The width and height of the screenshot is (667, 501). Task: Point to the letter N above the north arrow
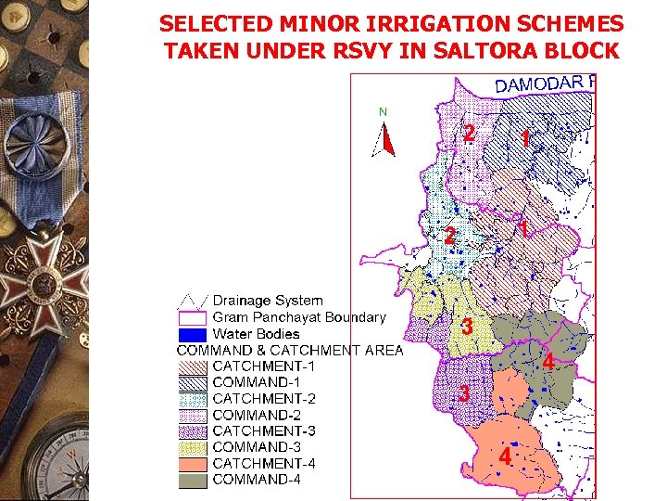click(x=383, y=112)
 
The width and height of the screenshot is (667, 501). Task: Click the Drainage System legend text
click(x=268, y=301)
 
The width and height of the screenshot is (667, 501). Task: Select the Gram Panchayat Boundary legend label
click(x=298, y=317)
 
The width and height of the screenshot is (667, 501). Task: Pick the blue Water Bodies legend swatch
click(x=193, y=334)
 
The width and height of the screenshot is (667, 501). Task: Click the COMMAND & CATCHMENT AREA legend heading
click(x=290, y=350)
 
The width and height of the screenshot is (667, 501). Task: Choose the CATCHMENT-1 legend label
click(x=264, y=366)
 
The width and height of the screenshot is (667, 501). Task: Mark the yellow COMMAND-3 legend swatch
click(x=193, y=447)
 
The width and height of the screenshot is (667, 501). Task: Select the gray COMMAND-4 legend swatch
click(x=193, y=480)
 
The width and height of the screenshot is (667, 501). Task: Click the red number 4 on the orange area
click(x=505, y=458)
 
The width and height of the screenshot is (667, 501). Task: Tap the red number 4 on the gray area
click(x=548, y=363)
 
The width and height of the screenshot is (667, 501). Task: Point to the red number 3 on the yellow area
click(x=468, y=328)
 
